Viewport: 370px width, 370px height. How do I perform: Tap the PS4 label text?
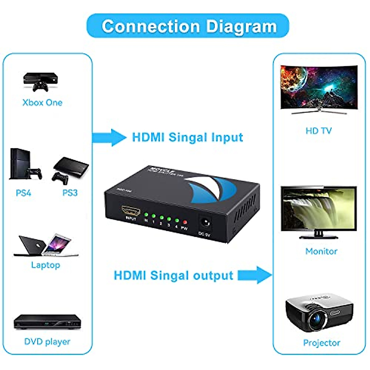23,193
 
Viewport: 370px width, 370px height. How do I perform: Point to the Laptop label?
46,265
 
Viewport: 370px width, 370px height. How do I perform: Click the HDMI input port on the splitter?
131,211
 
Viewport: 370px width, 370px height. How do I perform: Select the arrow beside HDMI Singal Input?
109,137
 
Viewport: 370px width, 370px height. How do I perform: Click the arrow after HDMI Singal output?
255,275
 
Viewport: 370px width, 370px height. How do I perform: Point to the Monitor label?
321,252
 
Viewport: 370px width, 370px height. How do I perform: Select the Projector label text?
322,343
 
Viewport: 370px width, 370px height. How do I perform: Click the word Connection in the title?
151,27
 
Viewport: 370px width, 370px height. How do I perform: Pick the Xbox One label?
43,103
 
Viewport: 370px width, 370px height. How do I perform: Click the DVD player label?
47,342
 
